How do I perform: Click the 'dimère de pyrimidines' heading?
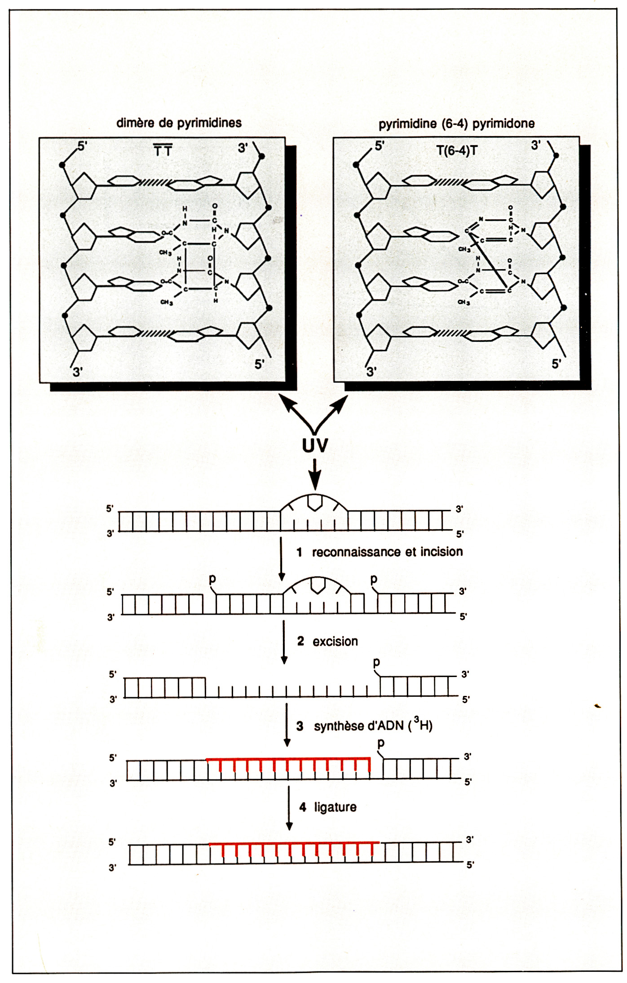pos(179,123)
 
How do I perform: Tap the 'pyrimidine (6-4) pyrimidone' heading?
pos(456,124)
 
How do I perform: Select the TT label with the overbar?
pos(163,151)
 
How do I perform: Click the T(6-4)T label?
pos(457,151)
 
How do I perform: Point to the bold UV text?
pos(315,445)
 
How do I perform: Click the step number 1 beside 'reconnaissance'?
pos(299,552)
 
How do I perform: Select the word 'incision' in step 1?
pos(441,552)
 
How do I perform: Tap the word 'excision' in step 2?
pos(335,641)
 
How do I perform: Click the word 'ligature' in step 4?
pos(335,807)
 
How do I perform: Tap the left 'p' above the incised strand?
pos(212,579)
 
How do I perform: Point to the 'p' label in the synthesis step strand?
pos(381,743)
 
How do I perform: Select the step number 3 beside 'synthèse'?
pos(300,726)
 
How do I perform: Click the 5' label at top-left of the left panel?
pos(83,146)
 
